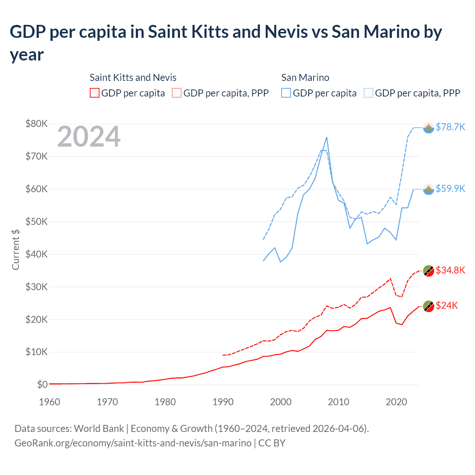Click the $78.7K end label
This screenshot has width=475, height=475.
[450, 127]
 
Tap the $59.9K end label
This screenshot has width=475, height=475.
[450, 189]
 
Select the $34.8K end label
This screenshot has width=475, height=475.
[450, 270]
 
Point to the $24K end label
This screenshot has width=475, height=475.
[446, 305]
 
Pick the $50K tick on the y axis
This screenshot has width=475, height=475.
[36, 222]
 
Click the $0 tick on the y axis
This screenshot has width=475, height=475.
[42, 384]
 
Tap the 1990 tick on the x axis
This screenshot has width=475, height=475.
[223, 402]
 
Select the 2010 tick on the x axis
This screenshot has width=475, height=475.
[338, 402]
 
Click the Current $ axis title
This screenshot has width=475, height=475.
[16, 249]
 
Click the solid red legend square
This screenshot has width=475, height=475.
[95, 93]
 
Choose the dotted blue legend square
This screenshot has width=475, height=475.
[368, 93]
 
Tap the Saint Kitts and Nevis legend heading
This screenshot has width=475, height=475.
[133, 78]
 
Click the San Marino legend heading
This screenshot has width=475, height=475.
[305, 78]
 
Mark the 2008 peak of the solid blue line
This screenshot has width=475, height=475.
[327, 137]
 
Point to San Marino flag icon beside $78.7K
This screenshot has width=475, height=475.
[429, 128]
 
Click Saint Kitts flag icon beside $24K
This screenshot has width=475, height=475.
[429, 306]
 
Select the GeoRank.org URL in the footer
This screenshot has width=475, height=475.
[133, 443]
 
